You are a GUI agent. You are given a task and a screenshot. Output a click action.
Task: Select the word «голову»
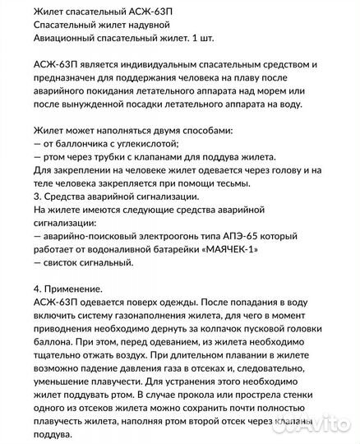click(x=284, y=170)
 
